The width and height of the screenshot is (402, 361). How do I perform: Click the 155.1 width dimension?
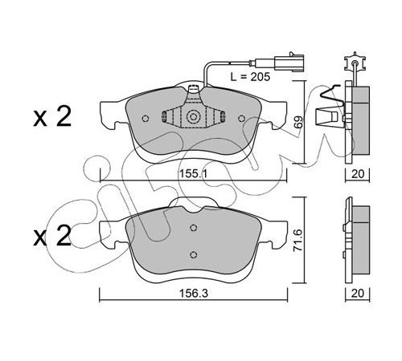click(x=193, y=174)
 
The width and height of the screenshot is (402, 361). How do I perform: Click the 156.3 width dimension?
click(x=194, y=294)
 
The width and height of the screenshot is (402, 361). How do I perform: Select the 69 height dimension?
click(x=299, y=122)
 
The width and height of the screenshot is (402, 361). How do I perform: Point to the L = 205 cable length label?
click(x=250, y=77)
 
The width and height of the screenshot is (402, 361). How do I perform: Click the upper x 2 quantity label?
click(x=52, y=117)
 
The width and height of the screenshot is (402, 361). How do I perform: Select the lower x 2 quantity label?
click(x=52, y=236)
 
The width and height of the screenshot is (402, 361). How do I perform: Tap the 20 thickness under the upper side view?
click(x=358, y=174)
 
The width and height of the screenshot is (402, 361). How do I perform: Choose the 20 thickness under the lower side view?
click(x=358, y=293)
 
